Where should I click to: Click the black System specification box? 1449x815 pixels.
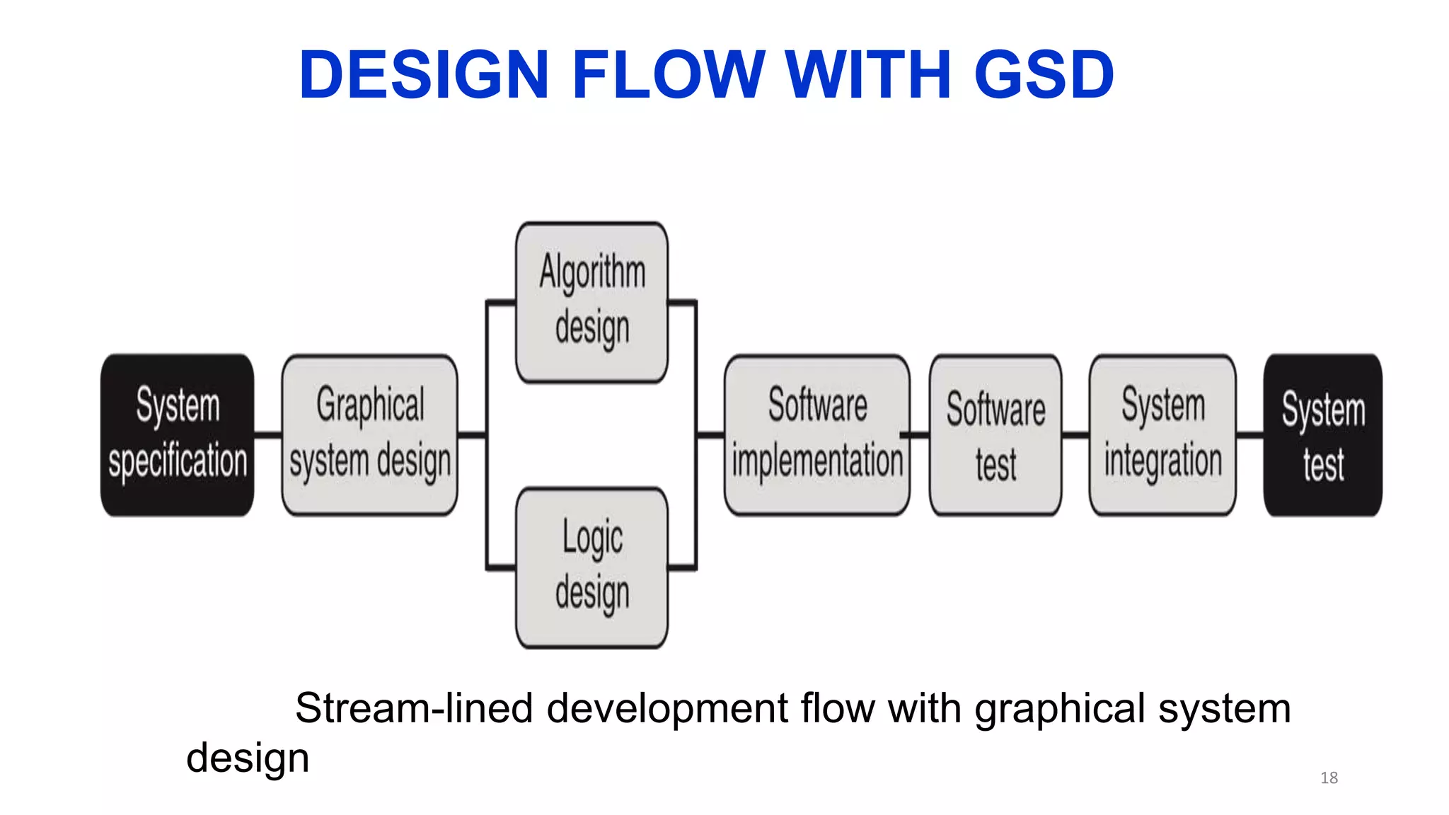[177, 434]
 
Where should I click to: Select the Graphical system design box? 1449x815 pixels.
[369, 434]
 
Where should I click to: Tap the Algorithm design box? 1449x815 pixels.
[591, 302]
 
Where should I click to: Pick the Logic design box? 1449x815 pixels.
[591, 567]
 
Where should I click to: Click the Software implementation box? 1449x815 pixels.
[816, 434]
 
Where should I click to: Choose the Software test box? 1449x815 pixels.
[995, 434]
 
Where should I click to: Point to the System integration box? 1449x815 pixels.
[1162, 434]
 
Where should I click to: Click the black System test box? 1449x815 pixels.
[1322, 434]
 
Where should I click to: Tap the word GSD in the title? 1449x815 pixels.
[1044, 74]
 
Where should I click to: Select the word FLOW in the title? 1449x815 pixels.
[668, 74]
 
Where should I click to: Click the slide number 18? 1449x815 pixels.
[1329, 778]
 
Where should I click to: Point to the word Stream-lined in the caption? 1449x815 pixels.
[413, 708]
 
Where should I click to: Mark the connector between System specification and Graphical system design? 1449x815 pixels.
[267, 434]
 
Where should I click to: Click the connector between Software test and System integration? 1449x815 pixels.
[1075, 434]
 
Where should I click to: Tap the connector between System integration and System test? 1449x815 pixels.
[1249, 434]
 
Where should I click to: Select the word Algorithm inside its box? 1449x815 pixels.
[592, 272]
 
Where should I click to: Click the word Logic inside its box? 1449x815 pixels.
[592, 537]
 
